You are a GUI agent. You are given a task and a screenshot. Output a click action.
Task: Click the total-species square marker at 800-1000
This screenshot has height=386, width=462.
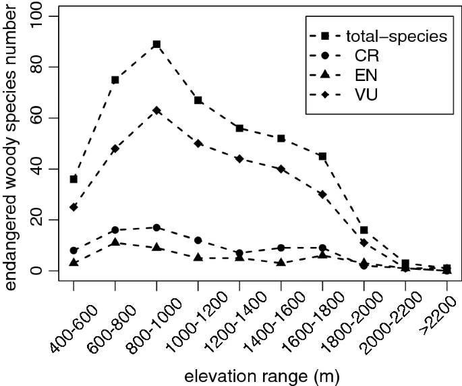coord(156,45)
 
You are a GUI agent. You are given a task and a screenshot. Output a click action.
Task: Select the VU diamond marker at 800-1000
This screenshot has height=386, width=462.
coord(156,111)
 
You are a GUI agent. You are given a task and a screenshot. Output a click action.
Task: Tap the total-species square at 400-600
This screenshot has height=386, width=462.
coord(74,179)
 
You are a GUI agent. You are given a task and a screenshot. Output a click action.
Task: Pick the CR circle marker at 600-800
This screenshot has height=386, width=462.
coord(115,230)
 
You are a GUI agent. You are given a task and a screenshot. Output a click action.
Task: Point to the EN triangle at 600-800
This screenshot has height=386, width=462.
coord(115,242)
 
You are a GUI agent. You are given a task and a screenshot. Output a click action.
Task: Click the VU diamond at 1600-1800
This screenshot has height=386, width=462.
coord(322,194)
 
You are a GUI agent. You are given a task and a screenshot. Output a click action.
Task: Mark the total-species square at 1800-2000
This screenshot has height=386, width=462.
coord(364,230)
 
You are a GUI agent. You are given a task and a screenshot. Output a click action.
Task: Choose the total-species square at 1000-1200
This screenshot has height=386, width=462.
coord(198,101)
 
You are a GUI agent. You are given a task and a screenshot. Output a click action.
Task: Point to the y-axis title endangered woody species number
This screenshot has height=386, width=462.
coord(13,143)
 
